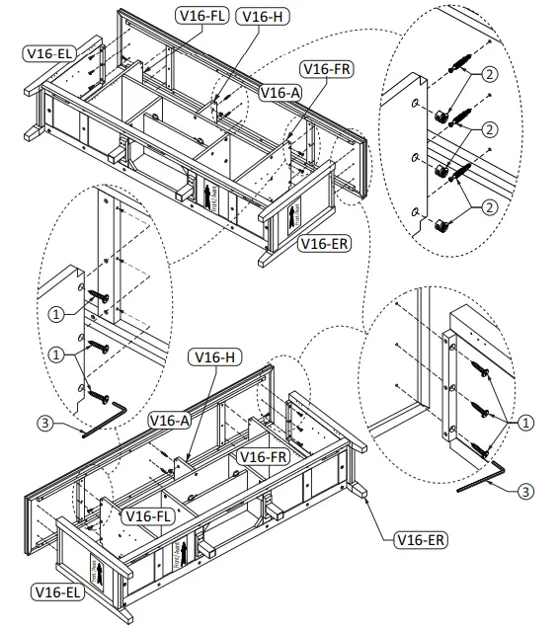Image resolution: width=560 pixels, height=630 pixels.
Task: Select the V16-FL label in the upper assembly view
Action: pos(202,16)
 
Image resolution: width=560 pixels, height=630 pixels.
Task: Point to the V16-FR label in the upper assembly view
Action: pos(327,68)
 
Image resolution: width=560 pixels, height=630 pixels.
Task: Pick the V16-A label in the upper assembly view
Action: pos(280,92)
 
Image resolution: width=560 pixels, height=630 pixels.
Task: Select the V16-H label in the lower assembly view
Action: pos(216,356)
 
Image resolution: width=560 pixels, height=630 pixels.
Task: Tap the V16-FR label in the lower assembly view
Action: pos(264,456)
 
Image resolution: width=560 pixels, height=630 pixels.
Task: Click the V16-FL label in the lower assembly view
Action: pos(145,514)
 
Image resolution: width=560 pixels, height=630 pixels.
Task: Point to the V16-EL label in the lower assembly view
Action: pos(58,591)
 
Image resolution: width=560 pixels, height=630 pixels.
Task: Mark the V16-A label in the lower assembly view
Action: pos(169,420)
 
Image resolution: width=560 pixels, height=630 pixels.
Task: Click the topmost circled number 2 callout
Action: pos(489,74)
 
